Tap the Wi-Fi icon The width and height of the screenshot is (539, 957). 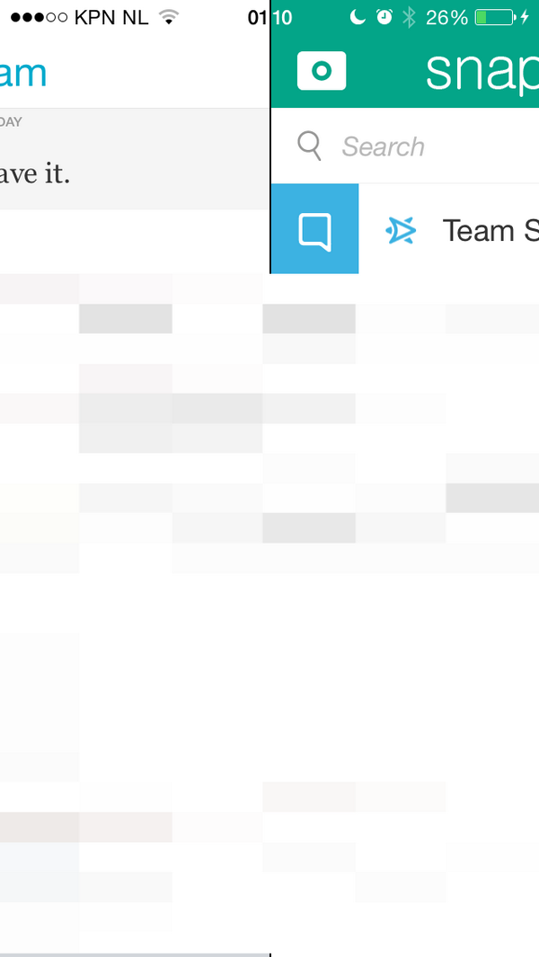pos(167,17)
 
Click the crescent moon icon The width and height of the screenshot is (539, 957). pos(358,17)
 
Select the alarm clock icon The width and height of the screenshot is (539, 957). pos(384,17)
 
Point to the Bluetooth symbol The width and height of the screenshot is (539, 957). pos(409,17)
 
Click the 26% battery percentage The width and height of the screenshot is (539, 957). pos(446,17)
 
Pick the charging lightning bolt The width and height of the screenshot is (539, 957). pos(526,17)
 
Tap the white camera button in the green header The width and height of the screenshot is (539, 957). pos(321,70)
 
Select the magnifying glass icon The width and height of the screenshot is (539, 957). pos(309,146)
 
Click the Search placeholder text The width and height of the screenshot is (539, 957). pos(383,146)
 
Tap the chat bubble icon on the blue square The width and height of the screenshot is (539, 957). pos(314,230)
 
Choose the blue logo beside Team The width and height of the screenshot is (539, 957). pos(400,231)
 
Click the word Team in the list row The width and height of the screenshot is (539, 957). pos(478,231)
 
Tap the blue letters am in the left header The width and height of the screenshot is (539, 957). pos(23,74)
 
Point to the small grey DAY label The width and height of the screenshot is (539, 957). pos(12,121)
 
